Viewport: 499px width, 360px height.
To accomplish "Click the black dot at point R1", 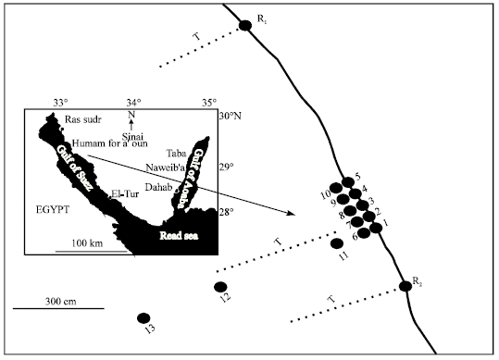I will point(245,25).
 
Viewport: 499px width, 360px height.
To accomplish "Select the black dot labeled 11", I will point(337,243).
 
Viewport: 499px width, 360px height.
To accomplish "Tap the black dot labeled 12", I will point(220,287).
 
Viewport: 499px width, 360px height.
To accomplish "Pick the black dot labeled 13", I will point(143,317).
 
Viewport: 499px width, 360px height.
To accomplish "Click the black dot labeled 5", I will point(348,182).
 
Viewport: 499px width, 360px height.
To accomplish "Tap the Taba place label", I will point(176,152).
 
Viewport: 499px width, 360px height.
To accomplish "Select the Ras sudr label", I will point(84,120).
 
